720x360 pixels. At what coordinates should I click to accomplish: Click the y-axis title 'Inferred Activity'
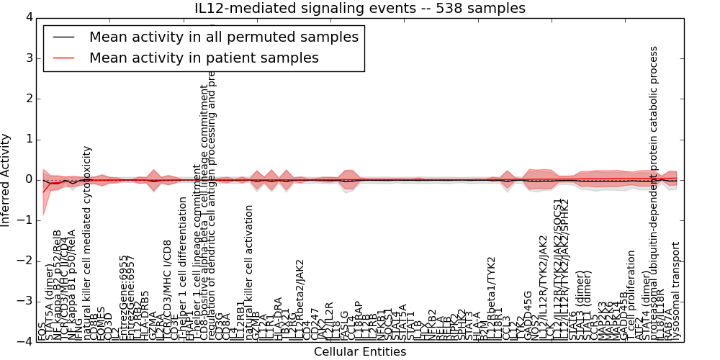coord(6,179)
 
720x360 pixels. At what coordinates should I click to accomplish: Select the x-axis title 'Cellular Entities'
coord(359,351)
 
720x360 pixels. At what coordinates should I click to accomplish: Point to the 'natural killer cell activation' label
coord(250,272)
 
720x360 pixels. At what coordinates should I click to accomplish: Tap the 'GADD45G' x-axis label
coord(528,315)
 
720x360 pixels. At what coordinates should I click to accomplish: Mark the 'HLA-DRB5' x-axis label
coord(145,315)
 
